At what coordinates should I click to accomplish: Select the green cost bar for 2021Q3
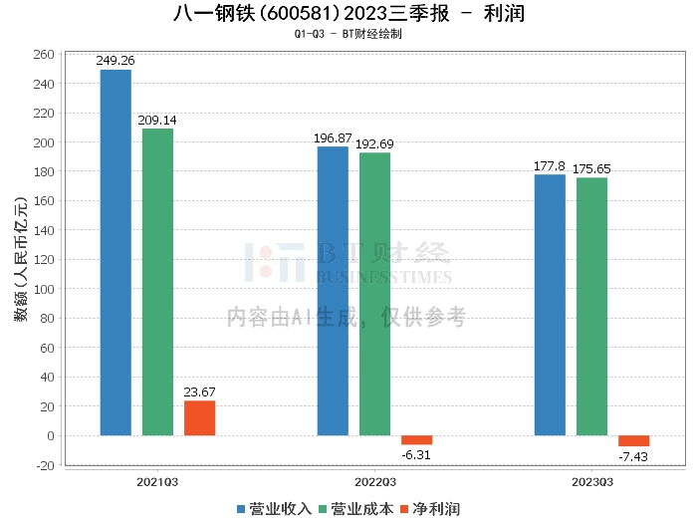pyautogui.click(x=157, y=282)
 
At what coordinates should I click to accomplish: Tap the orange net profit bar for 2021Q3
pyautogui.click(x=199, y=417)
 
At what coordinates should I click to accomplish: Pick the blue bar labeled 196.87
pyautogui.click(x=333, y=291)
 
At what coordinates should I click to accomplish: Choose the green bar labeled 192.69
pyautogui.click(x=374, y=294)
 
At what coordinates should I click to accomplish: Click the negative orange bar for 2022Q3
pyautogui.click(x=416, y=439)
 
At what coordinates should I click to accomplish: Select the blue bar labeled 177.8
pyautogui.click(x=550, y=305)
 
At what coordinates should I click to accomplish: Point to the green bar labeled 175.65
pyautogui.click(x=591, y=307)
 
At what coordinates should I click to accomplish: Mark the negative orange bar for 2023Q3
pyautogui.click(x=633, y=440)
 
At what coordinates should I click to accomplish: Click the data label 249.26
pyautogui.click(x=116, y=61)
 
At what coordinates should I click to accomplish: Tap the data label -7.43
pyautogui.click(x=633, y=455)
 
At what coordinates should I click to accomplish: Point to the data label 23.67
pyautogui.click(x=199, y=391)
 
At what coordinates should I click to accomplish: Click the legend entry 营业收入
pyautogui.click(x=275, y=509)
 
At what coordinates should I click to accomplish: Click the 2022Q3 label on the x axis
pyautogui.click(x=374, y=482)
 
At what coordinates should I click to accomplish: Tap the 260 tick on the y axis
pyautogui.click(x=45, y=55)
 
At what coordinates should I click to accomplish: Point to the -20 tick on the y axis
pyautogui.click(x=45, y=465)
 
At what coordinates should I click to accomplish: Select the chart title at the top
pyautogui.click(x=348, y=14)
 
